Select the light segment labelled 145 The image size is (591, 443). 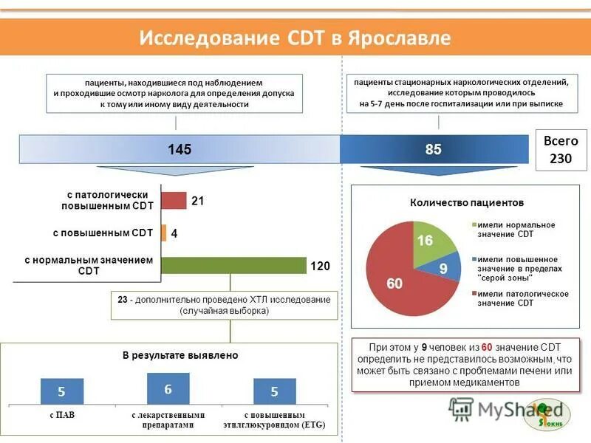click(x=180, y=149)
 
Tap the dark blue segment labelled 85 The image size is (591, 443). click(x=434, y=149)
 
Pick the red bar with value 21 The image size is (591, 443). click(x=174, y=201)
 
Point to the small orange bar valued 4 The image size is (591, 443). click(x=164, y=233)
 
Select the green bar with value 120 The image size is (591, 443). click(x=233, y=265)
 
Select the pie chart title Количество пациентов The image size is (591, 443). click(x=466, y=202)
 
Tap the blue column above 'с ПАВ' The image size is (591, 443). click(x=62, y=391)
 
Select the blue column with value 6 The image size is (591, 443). click(x=168, y=388)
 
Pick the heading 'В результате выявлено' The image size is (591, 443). click(x=180, y=355)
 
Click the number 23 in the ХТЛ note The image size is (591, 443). click(x=123, y=300)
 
